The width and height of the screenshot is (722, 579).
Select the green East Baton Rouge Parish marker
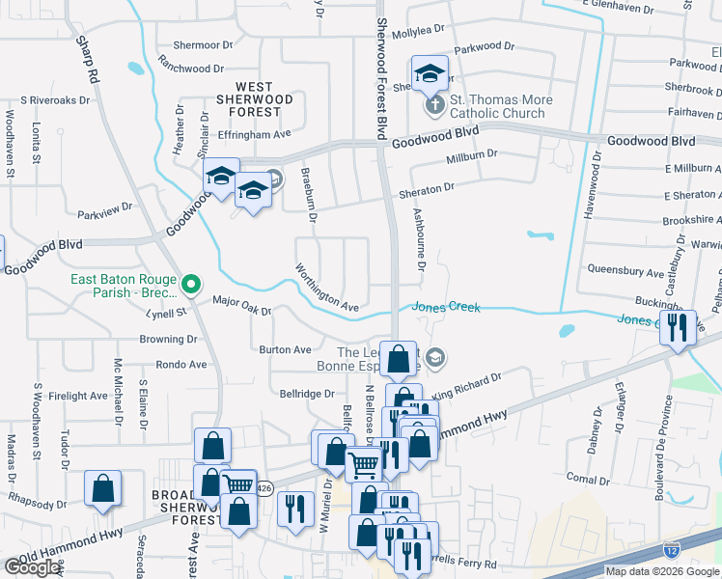191,285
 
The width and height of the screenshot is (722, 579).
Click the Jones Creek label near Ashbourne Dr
446,307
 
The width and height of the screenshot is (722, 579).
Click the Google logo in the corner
32,567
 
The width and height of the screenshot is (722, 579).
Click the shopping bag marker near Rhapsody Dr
102,488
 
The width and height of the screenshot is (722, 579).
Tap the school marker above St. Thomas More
430,72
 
